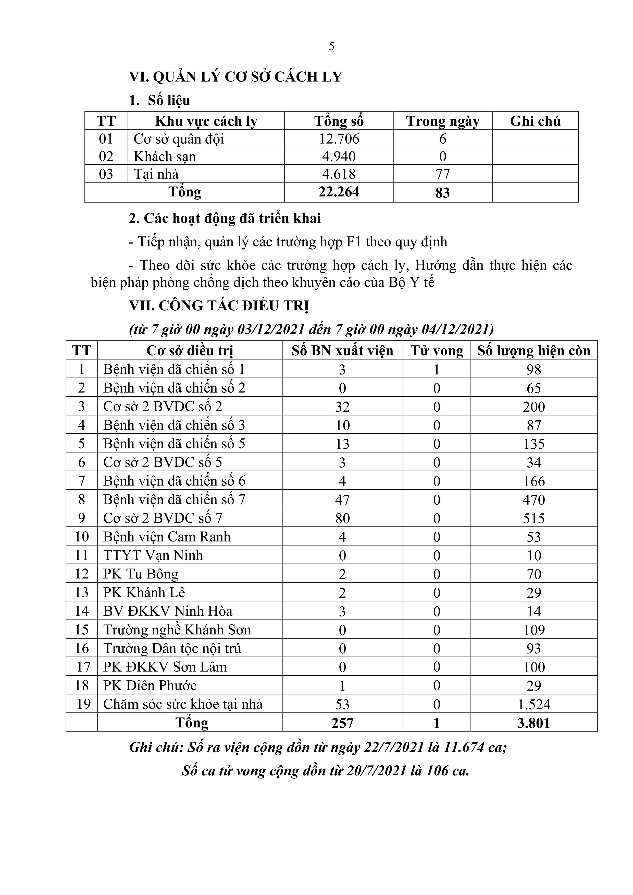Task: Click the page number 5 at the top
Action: click(x=331, y=46)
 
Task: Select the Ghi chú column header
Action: click(x=535, y=121)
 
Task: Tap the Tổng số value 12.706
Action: click(x=339, y=139)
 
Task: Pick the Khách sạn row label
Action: click(x=165, y=156)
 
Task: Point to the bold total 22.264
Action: click(x=339, y=192)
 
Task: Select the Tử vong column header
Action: click(x=437, y=351)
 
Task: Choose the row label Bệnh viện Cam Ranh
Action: click(x=167, y=537)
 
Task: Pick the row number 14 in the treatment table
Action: click(x=82, y=611)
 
